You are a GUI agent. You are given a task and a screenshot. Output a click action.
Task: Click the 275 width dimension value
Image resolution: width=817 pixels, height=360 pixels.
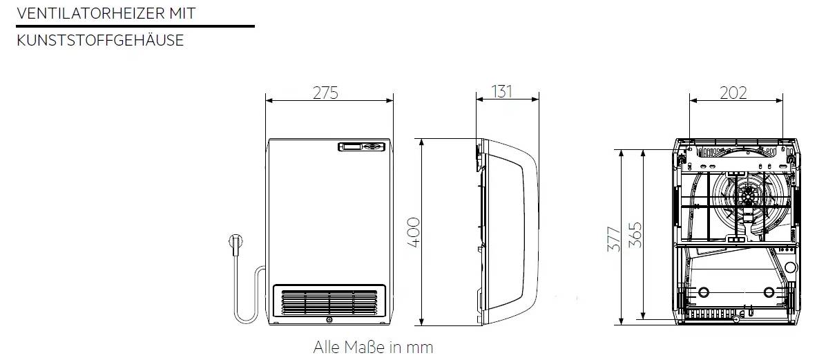click(x=326, y=93)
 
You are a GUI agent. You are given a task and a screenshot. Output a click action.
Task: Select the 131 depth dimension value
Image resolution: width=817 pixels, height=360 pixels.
click(x=502, y=92)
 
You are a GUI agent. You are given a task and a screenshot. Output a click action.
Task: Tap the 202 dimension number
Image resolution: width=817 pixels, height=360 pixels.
click(x=733, y=93)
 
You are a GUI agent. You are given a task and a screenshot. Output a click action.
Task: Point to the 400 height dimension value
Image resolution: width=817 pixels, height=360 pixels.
click(x=413, y=232)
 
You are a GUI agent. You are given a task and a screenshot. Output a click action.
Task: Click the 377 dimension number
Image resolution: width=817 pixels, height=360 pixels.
click(x=615, y=240)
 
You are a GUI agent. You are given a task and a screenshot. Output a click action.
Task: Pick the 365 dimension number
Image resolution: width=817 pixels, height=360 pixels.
click(x=635, y=235)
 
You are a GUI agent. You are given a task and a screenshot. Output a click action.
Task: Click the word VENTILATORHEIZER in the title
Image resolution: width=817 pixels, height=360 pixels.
click(x=90, y=14)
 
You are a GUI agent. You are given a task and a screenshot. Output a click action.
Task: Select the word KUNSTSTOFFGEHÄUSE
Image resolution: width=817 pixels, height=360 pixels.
click(x=100, y=40)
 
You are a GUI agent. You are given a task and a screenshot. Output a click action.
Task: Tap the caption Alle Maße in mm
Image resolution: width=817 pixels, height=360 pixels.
click(x=373, y=347)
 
